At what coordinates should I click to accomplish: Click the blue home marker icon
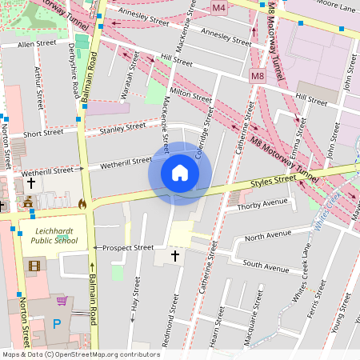[x=180, y=173]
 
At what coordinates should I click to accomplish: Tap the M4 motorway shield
[x=219, y=7]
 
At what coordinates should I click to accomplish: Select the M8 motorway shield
[x=257, y=77]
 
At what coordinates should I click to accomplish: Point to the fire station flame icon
[x=82, y=204]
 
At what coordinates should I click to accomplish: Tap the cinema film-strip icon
[x=32, y=265]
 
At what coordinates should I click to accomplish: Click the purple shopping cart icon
[x=61, y=301]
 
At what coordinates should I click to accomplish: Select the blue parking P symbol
[x=56, y=324]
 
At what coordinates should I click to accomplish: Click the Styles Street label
[x=275, y=182]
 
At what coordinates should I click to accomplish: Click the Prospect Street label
[x=128, y=248]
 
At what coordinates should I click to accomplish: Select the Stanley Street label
[x=123, y=126]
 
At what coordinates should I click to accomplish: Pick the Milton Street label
[x=190, y=97]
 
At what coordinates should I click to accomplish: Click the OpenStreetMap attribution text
[x=80, y=354]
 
